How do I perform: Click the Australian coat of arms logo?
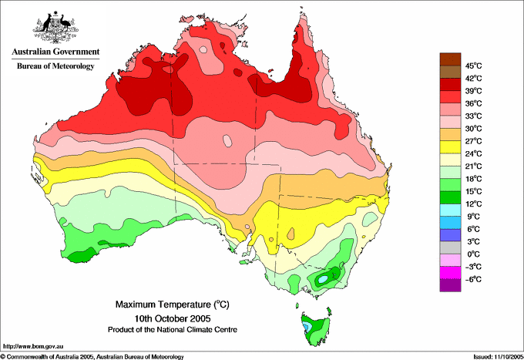coord(55,28)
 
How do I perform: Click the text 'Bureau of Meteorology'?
coord(55,66)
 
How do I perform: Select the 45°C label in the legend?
coord(473,66)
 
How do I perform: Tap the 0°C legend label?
coord(473,254)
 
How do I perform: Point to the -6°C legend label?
coord(473,279)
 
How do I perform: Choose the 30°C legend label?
coord(473,129)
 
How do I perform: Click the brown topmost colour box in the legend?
coord(450,59)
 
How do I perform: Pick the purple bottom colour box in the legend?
coord(450,285)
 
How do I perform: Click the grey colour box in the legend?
coord(450,247)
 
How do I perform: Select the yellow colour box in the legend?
coord(450,147)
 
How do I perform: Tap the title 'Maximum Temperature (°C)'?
coord(173,304)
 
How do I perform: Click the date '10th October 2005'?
coord(173,318)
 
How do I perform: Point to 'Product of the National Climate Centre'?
coord(173,330)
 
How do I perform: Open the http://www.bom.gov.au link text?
coord(32,347)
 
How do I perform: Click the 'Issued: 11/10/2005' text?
coord(499,357)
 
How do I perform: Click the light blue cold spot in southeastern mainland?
coord(323,278)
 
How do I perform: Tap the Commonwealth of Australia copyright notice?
coord(92,357)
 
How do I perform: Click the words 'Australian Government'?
coord(55,52)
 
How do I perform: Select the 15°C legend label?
coord(473,191)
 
